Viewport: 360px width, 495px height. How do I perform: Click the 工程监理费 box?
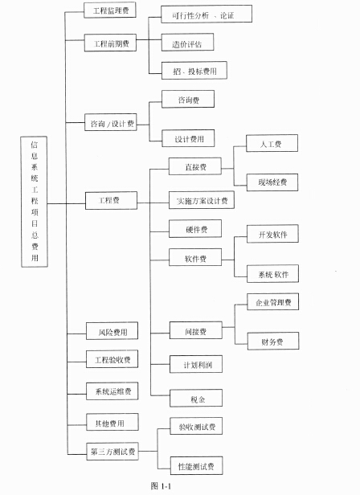tap(110, 10)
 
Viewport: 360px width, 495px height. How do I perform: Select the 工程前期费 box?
tap(111, 43)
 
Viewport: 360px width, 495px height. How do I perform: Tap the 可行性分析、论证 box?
tap(207, 14)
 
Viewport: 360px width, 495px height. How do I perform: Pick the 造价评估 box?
tap(187, 43)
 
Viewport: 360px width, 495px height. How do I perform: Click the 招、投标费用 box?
tap(194, 71)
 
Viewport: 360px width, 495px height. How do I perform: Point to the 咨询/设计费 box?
tap(111, 122)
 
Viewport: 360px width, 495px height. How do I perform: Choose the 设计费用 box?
tap(188, 138)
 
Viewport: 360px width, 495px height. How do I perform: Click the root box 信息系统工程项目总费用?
tap(34, 202)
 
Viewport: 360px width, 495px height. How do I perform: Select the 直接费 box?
tap(195, 166)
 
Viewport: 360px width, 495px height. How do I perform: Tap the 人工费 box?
tap(272, 143)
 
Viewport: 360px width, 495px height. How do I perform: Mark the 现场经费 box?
tap(272, 182)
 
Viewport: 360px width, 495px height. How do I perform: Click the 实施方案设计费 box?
tap(202, 200)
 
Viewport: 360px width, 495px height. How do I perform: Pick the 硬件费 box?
tap(195, 229)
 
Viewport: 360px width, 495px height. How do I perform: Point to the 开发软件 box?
tap(272, 234)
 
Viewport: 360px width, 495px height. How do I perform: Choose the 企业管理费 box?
tap(273, 302)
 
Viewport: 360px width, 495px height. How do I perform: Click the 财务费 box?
tap(273, 342)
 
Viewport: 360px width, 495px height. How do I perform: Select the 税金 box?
tap(196, 399)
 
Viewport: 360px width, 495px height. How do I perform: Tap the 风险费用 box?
tap(112, 331)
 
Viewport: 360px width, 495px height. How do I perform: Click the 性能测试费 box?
tap(196, 465)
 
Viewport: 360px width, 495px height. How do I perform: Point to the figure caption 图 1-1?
tap(161, 486)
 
